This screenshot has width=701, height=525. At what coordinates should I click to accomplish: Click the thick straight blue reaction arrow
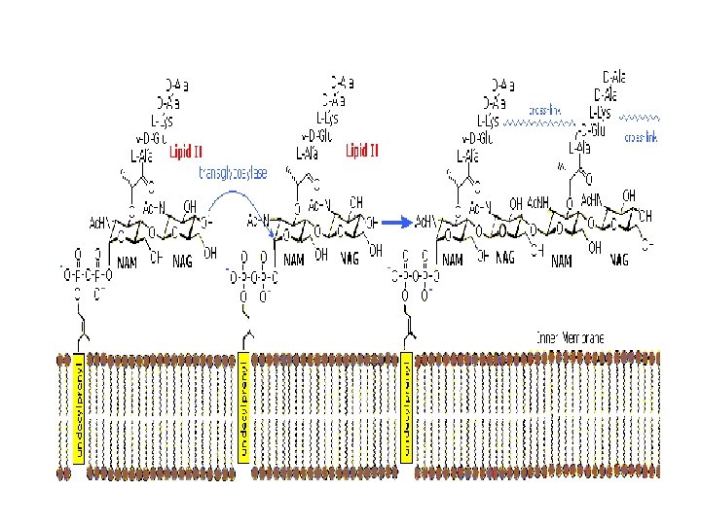[x=398, y=222]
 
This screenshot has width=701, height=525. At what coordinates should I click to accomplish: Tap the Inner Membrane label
[x=570, y=336]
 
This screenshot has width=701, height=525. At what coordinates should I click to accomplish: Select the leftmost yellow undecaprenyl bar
[x=80, y=408]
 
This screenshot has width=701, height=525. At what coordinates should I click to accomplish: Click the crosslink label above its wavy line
[x=545, y=111]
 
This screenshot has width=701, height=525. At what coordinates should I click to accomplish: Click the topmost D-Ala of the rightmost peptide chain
[x=614, y=76]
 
